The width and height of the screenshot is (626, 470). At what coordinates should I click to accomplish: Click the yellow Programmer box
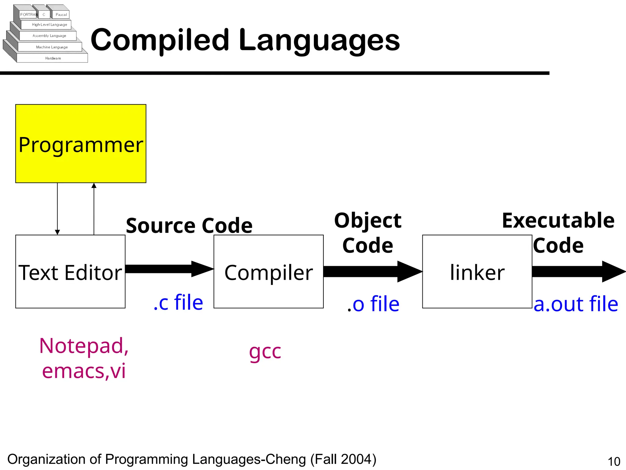[x=81, y=144]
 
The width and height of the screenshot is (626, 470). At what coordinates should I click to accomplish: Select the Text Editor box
[x=70, y=272]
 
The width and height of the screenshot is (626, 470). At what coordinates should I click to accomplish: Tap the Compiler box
[x=268, y=272]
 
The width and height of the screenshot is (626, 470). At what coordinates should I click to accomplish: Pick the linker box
[x=477, y=272]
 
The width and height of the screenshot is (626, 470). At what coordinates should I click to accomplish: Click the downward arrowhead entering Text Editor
[x=57, y=232]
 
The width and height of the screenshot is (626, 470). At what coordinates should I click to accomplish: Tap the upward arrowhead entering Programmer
[x=94, y=186]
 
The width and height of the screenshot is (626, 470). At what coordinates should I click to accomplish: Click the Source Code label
[x=189, y=226]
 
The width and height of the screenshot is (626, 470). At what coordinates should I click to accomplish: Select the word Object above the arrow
[x=368, y=221]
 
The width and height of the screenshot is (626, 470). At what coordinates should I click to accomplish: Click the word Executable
[x=558, y=221]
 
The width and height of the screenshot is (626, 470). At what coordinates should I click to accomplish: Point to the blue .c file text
[x=178, y=302]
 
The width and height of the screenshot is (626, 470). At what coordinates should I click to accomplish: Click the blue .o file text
[x=373, y=304]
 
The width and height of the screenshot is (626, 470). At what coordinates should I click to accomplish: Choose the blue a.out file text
[x=576, y=304]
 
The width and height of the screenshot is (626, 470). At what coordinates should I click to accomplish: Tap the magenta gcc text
[x=265, y=352]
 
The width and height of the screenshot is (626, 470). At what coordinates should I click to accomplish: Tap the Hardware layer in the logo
[x=53, y=58]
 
